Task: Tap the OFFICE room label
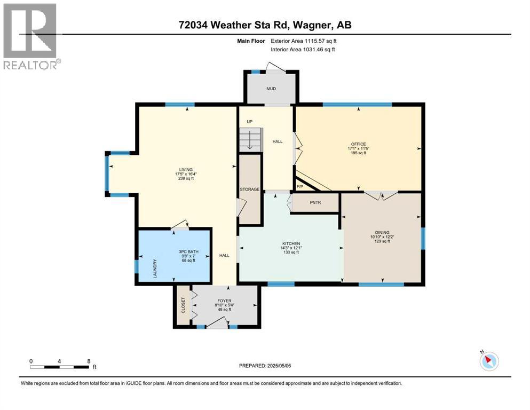coord(358,144)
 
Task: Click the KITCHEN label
coord(291,243)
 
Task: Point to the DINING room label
coord(382,232)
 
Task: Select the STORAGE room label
coord(249,190)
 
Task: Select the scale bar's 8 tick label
coord(88,361)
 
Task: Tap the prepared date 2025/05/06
coord(265,366)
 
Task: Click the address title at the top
coord(265,25)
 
